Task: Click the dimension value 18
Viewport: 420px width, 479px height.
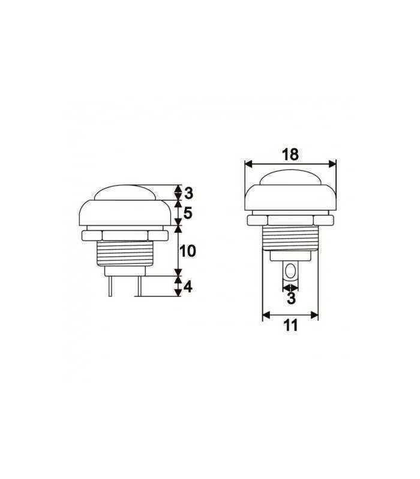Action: pyautogui.click(x=290, y=154)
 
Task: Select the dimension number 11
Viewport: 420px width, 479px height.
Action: pyautogui.click(x=290, y=326)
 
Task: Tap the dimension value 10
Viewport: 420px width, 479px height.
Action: pyautogui.click(x=188, y=251)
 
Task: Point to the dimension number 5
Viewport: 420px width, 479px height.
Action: pyautogui.click(x=188, y=213)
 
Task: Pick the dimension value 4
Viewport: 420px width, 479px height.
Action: pyautogui.click(x=188, y=287)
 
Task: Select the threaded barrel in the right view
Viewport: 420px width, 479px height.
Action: pyautogui.click(x=290, y=238)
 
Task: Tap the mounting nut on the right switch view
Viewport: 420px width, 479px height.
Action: pyautogui.click(x=290, y=220)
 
